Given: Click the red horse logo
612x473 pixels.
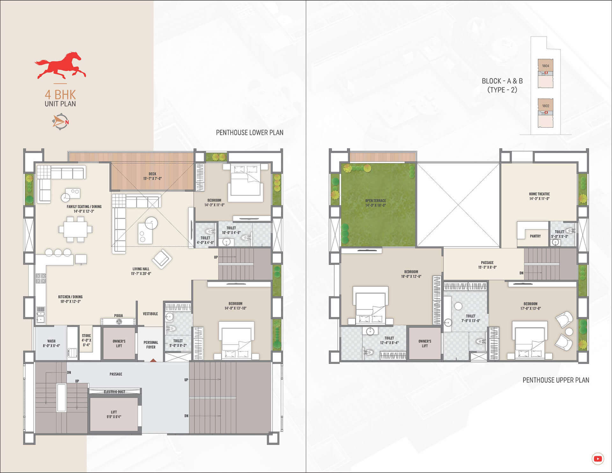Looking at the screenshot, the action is click(x=61, y=65).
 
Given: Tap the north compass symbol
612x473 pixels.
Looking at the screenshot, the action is click(x=61, y=122).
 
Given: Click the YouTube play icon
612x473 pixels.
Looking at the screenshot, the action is click(x=598, y=459).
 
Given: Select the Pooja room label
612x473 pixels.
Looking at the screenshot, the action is click(x=119, y=315).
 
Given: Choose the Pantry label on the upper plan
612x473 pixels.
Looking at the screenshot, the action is click(x=535, y=236).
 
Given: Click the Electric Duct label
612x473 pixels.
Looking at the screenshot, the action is click(x=114, y=392).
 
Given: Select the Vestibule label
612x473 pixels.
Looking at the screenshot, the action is click(x=150, y=314).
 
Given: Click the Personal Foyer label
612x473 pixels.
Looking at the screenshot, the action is click(x=151, y=345).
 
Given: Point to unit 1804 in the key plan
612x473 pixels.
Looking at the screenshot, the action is click(x=545, y=66).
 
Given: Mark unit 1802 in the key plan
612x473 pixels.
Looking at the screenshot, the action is click(x=545, y=106).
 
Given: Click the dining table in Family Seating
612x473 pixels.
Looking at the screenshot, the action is click(x=76, y=229).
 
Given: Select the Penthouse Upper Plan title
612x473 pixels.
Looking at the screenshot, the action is click(x=556, y=380).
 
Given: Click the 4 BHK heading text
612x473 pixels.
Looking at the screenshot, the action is click(x=60, y=94).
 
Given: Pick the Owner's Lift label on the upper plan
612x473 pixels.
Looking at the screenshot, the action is click(x=425, y=343).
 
